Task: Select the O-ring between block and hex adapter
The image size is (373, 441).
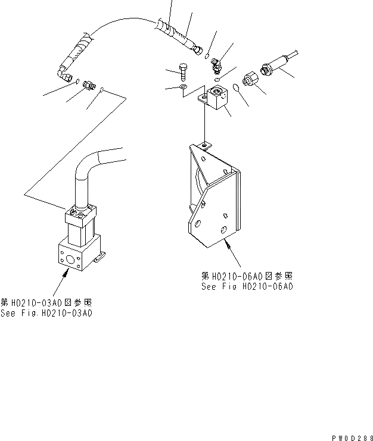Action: click(236, 87)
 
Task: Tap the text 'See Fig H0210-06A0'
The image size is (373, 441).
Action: click(247, 287)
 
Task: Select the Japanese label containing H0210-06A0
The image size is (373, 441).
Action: click(247, 276)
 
